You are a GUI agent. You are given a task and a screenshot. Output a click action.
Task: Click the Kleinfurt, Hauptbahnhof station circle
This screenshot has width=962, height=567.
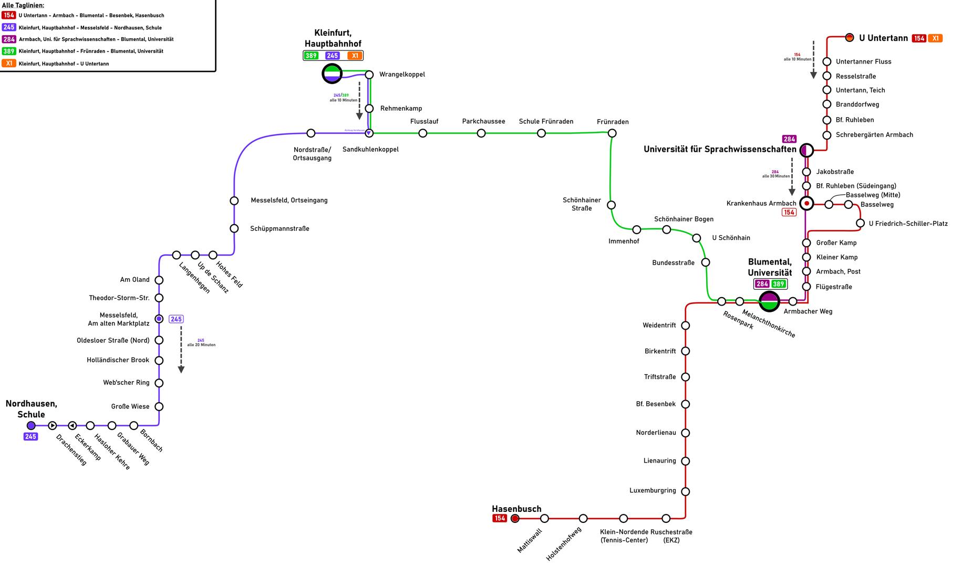pyautogui.click(x=332, y=74)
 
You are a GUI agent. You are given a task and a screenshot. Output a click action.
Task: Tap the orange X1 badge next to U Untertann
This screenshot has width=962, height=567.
pyautogui.click(x=935, y=38)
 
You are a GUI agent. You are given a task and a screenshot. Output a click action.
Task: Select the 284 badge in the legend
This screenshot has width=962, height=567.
pyautogui.click(x=9, y=39)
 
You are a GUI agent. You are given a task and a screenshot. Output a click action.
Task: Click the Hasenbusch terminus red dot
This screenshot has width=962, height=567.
pyautogui.click(x=515, y=519)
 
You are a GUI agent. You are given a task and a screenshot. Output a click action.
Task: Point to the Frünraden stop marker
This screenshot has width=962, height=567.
pyautogui.click(x=612, y=133)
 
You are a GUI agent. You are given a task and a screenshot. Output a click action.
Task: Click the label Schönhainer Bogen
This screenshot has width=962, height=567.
pyautogui.click(x=684, y=219)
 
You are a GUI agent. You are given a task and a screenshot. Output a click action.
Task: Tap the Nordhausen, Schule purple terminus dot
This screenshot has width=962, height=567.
pyautogui.click(x=31, y=425)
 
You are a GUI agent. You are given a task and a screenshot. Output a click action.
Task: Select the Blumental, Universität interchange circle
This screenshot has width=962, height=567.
pyautogui.click(x=770, y=301)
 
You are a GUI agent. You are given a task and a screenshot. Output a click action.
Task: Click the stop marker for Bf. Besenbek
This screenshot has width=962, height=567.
pyautogui.click(x=685, y=404)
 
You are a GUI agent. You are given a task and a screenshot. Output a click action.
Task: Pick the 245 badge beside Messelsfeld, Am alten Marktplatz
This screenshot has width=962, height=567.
pyautogui.click(x=176, y=319)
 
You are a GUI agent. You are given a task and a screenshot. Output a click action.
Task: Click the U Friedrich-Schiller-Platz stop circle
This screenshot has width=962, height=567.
pyautogui.click(x=860, y=224)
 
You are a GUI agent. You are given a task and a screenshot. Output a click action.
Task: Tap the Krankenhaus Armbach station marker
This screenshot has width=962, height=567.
pyautogui.click(x=806, y=203)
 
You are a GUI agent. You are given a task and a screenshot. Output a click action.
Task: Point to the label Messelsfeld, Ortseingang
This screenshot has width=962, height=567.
pyautogui.click(x=289, y=200)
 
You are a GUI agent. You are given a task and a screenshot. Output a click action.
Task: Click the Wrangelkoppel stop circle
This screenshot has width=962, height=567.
pyautogui.click(x=369, y=75)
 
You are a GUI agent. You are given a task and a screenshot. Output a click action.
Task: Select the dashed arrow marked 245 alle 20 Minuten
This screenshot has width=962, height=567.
pyautogui.click(x=181, y=349)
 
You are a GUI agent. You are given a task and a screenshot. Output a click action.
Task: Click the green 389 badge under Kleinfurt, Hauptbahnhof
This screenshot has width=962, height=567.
pyautogui.click(x=311, y=56)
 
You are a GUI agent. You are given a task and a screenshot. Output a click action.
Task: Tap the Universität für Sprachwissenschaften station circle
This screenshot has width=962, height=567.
pyautogui.click(x=806, y=150)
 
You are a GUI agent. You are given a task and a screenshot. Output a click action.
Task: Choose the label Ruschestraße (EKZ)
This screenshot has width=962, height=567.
pyautogui.click(x=671, y=535)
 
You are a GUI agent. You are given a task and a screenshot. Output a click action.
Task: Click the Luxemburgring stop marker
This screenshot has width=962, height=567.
pyautogui.click(x=685, y=491)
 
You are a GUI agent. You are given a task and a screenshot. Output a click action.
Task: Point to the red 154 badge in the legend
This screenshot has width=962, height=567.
pyautogui.click(x=9, y=15)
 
